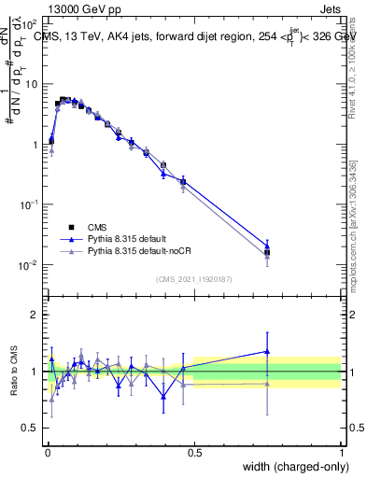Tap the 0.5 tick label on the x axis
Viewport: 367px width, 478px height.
pos(194,453)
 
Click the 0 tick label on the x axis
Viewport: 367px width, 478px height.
pos(47,453)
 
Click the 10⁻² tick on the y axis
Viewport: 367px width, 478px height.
pos(28,265)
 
